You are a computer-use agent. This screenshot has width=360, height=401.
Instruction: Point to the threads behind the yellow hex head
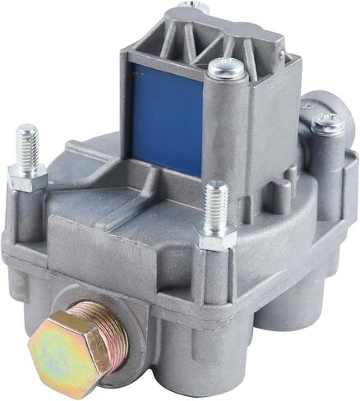(104, 322)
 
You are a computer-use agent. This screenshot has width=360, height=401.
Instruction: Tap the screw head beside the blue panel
(226, 69)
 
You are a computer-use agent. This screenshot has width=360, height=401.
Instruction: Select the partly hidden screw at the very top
(196, 7)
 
